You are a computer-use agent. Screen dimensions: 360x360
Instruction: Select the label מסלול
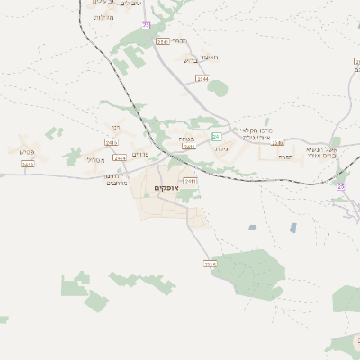(94, 159)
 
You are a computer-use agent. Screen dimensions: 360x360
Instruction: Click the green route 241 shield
(217, 136)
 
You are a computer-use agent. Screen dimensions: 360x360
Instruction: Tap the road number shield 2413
(112, 142)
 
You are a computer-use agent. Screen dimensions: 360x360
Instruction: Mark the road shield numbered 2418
(28, 165)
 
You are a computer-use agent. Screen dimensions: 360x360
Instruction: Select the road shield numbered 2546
(162, 41)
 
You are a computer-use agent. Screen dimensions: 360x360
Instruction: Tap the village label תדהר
(178, 40)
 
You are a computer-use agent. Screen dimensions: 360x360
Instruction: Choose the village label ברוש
(189, 61)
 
